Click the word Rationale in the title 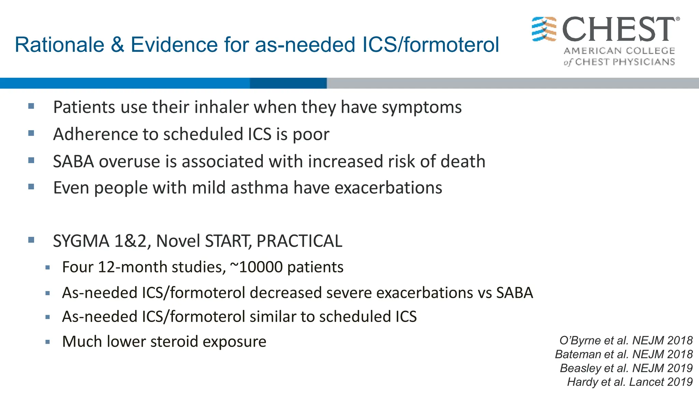[x=59, y=45]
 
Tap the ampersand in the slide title [x=117, y=45]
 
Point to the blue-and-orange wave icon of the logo [x=544, y=29]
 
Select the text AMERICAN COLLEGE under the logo [x=619, y=51]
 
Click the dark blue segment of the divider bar [x=288, y=83]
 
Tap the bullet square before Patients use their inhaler [x=31, y=106]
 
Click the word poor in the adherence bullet [x=311, y=134]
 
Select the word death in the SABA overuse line [x=463, y=161]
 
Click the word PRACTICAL [x=299, y=241]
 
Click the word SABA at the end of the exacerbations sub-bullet [x=514, y=293]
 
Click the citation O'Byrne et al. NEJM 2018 [x=626, y=340]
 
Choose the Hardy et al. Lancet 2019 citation [x=630, y=382]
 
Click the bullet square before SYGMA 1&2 [x=31, y=240]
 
